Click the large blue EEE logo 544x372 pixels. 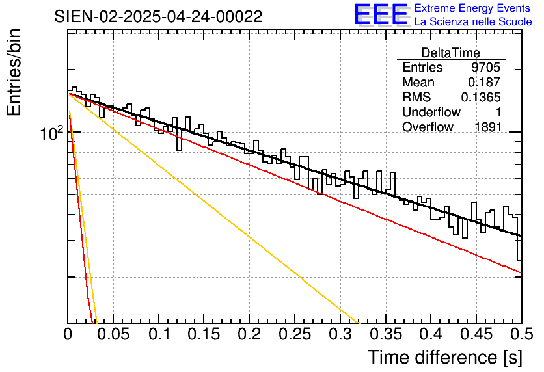tap(381, 14)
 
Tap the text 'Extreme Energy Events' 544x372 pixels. tap(472, 8)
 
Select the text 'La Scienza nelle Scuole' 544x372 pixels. tap(472, 22)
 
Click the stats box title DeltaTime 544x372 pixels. tap(451, 53)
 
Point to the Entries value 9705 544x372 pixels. tap(486, 68)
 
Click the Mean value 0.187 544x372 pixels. tap(484, 83)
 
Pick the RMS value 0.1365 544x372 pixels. tap(481, 98)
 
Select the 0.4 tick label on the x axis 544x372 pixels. tap(431, 335)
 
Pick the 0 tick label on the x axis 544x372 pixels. tap(68, 335)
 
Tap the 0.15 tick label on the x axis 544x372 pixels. tap(204, 335)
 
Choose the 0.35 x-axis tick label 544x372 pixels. tap(385, 335)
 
